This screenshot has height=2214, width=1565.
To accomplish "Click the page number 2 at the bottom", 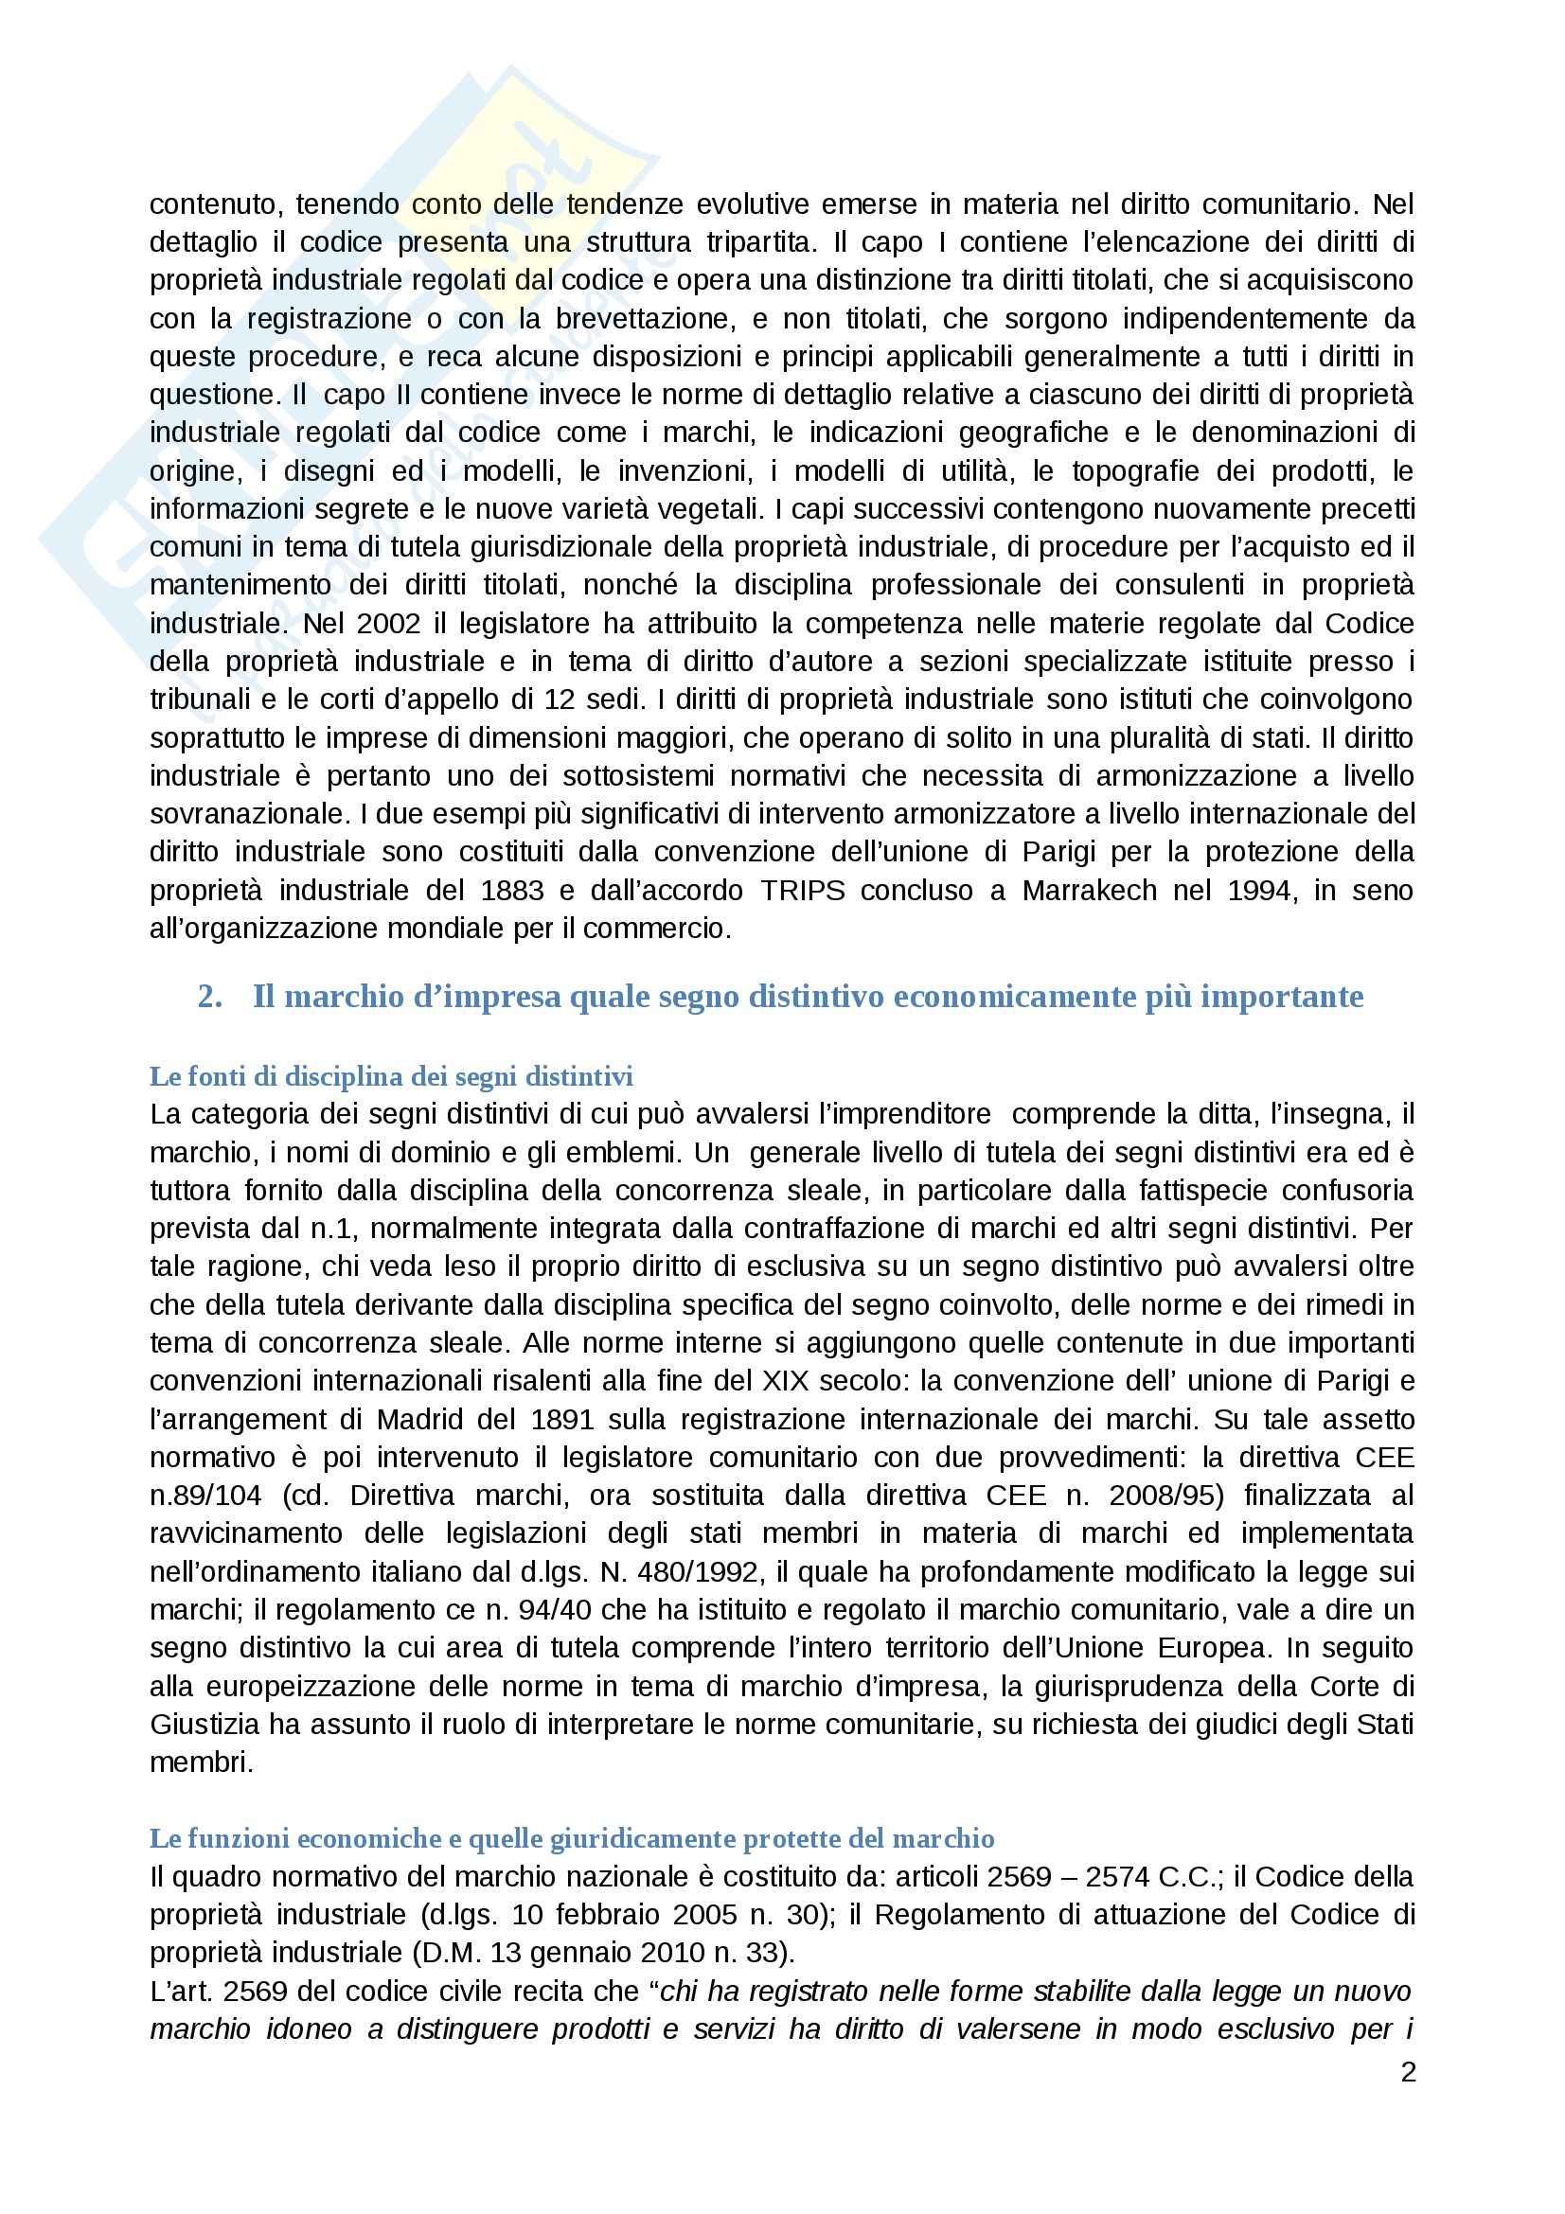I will tap(1408, 2072).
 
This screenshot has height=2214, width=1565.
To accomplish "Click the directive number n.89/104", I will tap(205, 1496).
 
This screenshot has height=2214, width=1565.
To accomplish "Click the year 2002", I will tap(387, 623).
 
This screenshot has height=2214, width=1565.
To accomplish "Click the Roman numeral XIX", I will tap(787, 1381).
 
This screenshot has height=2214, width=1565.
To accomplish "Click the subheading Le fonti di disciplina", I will tap(390, 1076).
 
